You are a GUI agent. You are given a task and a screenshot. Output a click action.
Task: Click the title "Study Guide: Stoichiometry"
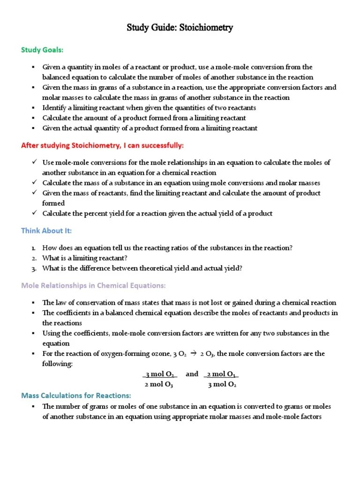click(180, 28)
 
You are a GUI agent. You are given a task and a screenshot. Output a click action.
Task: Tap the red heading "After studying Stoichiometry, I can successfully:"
click(102, 145)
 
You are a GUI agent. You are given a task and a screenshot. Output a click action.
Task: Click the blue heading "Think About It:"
click(46, 231)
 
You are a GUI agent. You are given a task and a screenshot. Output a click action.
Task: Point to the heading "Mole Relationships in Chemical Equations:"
click(93, 285)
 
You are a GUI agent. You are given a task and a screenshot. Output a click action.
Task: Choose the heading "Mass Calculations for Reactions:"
click(76, 396)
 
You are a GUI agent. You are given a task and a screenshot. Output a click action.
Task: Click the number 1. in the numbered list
click(34, 248)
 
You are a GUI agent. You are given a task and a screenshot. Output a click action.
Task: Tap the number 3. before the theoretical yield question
click(34, 269)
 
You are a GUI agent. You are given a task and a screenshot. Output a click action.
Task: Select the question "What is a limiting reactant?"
click(85, 258)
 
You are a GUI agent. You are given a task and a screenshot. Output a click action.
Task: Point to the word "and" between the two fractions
click(192, 374)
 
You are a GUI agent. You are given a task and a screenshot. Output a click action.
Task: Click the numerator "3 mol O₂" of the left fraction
click(160, 374)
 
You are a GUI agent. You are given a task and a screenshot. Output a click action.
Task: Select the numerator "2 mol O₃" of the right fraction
click(222, 374)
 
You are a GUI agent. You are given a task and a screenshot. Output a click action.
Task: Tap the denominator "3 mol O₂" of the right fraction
click(222, 385)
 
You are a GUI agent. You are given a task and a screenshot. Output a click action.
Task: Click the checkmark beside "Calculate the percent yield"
click(34, 213)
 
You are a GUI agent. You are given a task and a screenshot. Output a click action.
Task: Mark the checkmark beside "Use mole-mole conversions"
click(34, 162)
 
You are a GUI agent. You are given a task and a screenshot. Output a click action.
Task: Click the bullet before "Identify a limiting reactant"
click(34, 108)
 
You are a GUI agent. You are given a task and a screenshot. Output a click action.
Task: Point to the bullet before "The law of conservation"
click(34, 303)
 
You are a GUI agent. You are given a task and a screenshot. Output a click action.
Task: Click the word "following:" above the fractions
click(57, 364)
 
